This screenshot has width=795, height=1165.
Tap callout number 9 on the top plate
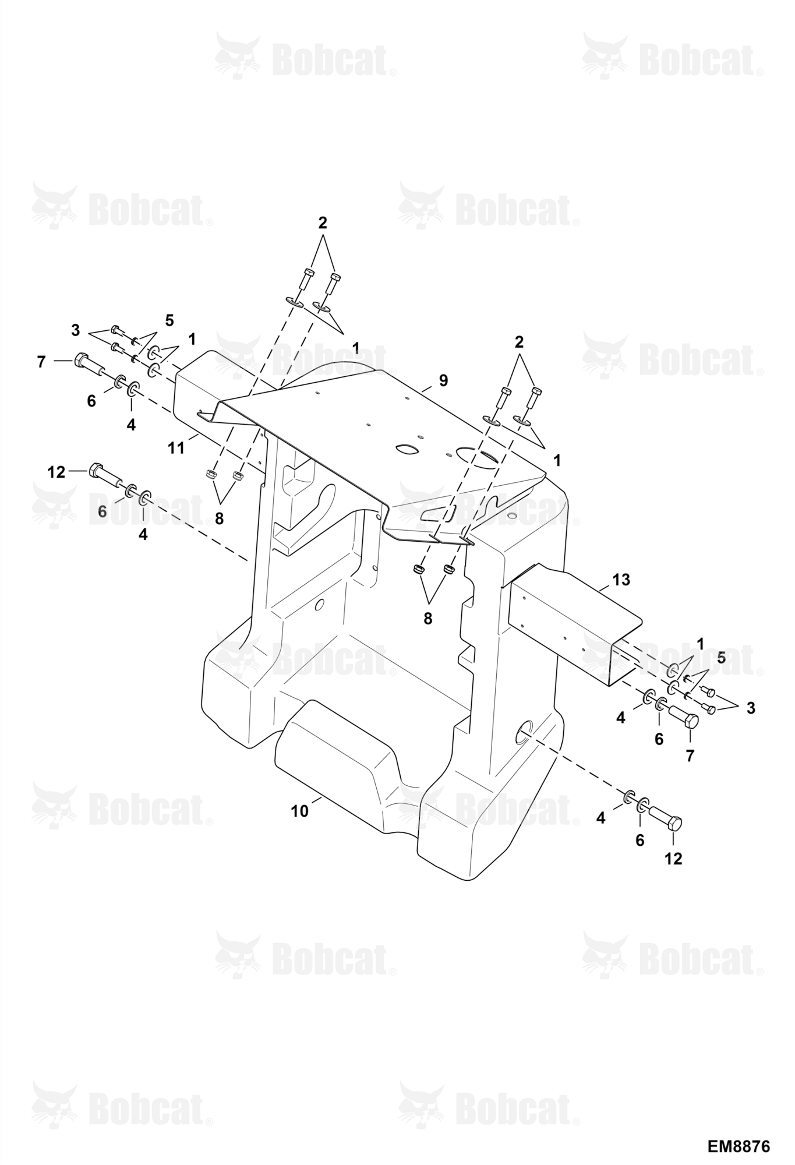pyautogui.click(x=443, y=380)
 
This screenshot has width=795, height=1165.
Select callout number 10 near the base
pyautogui.click(x=299, y=811)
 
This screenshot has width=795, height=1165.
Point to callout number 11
pyautogui.click(x=176, y=448)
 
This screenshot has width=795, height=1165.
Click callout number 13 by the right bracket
pyautogui.click(x=621, y=580)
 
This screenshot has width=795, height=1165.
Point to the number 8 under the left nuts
pyautogui.click(x=219, y=518)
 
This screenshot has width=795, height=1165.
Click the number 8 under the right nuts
pyautogui.click(x=428, y=619)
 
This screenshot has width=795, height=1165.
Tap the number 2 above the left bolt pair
pyautogui.click(x=323, y=223)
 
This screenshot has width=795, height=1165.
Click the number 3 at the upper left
pyautogui.click(x=75, y=330)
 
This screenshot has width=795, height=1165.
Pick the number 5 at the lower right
pyautogui.click(x=721, y=658)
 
